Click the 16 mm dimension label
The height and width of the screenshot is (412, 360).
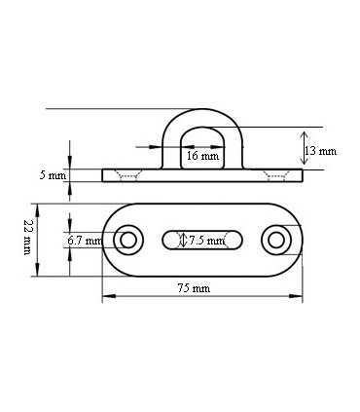tap(202, 156)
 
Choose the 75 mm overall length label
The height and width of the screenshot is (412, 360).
tap(194, 289)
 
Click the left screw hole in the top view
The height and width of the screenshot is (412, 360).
tap(127, 240)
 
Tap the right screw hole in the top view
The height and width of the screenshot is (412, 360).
tap(276, 240)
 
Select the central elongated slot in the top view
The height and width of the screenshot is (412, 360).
tap(202, 240)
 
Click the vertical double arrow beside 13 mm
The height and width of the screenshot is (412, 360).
tap(304, 148)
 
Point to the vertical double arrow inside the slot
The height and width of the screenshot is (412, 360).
tap(184, 240)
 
